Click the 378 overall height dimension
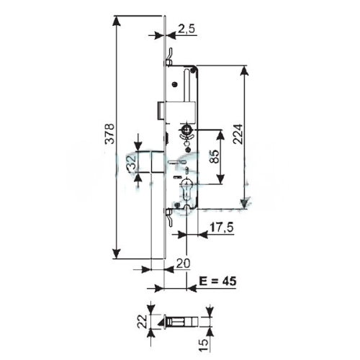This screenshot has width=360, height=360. (x=109, y=134)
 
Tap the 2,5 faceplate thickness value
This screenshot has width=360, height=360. (x=186, y=29)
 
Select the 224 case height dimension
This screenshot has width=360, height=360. (x=238, y=134)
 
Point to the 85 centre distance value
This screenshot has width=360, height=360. (x=214, y=157)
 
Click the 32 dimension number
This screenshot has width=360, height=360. (x=132, y=163)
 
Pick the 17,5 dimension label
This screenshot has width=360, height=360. (x=221, y=228)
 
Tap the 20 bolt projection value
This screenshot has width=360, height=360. (x=183, y=264)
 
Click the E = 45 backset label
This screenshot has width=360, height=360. (x=217, y=281)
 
